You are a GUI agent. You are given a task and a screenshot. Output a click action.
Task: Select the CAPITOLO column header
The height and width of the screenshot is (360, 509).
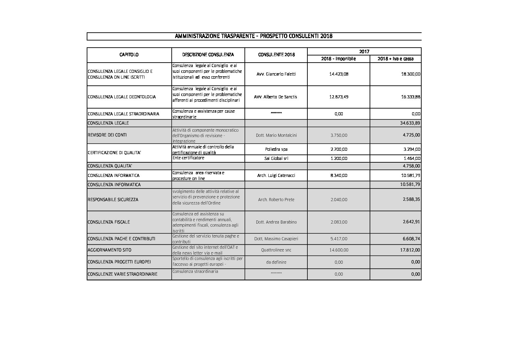[129, 54]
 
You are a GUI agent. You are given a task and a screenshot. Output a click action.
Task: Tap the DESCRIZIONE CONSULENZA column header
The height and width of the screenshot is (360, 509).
[208, 54]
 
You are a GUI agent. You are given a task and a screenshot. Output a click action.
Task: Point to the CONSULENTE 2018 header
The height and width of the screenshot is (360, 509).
[276, 54]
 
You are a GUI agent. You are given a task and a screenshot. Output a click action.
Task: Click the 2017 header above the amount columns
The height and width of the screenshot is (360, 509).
[364, 51]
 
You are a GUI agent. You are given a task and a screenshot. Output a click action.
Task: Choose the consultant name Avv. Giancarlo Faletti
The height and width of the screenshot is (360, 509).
[276, 74]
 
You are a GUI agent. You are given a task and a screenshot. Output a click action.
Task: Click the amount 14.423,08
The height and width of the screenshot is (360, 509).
[339, 74]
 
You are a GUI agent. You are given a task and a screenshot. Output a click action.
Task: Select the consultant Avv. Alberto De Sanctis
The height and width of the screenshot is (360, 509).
[275, 97]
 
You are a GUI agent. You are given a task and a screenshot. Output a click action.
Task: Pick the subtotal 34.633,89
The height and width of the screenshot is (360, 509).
[410, 123]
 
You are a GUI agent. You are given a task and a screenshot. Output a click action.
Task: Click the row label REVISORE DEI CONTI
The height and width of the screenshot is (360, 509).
[107, 135]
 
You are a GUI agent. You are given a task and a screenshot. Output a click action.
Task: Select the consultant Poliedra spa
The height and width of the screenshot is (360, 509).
[276, 149]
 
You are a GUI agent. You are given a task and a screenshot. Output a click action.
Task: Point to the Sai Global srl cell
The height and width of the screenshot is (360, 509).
[276, 158]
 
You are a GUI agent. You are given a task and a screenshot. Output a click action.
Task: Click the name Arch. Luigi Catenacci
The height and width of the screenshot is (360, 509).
[276, 175]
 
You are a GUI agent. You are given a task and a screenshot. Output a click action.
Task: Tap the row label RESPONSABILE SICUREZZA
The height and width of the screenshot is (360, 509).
[113, 199]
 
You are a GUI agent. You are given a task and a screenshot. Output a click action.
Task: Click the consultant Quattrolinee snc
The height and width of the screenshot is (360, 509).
[276, 250]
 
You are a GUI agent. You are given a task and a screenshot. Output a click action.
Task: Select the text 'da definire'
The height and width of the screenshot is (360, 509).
[276, 262]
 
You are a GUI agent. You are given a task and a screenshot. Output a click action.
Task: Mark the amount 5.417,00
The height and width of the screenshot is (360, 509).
[339, 239]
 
